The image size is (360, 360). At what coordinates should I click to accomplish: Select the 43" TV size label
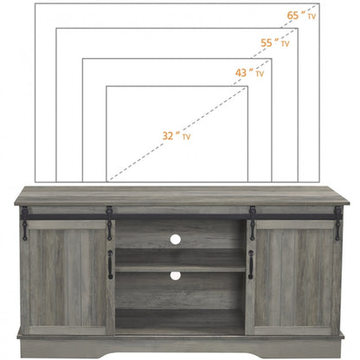pos(249,74)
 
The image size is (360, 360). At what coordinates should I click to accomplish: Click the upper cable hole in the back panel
pos(175,238)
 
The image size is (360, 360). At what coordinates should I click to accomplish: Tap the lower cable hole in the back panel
pos(175,275)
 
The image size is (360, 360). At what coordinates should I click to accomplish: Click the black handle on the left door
pos(110,265)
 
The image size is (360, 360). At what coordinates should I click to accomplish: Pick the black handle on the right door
pos(250,265)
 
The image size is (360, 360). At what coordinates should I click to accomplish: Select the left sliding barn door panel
pos(67,275)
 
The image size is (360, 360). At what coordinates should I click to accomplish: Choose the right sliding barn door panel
pos(294,275)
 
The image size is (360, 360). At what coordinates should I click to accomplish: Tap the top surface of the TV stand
pos(180,194)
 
